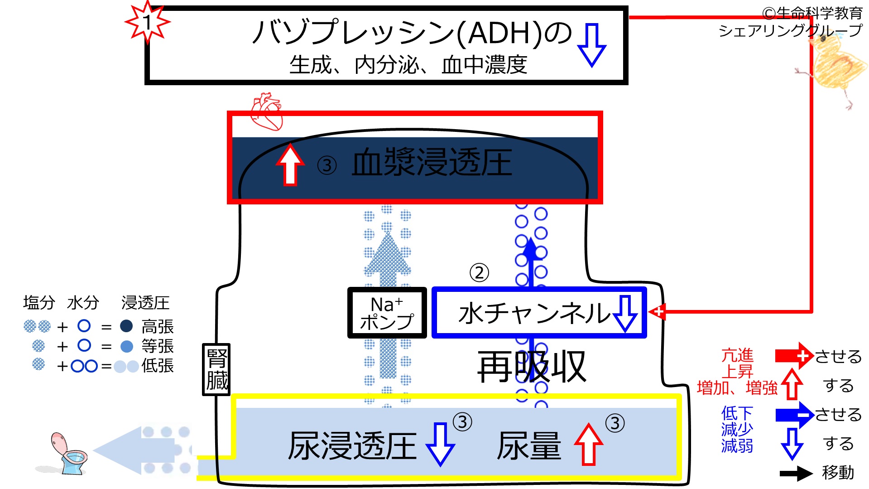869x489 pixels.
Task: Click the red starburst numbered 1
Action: click(148, 22)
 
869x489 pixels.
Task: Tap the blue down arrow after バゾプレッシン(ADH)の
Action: click(591, 45)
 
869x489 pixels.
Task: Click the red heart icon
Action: click(267, 111)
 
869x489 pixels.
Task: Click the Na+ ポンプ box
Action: click(387, 313)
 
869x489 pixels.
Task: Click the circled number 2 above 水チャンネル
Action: click(479, 273)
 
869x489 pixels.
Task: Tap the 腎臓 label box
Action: click(216, 369)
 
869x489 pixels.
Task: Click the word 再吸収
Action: click(532, 367)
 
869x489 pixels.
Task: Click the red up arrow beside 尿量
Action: click(588, 444)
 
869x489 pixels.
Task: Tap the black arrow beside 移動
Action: click(796, 474)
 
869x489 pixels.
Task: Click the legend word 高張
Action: click(158, 326)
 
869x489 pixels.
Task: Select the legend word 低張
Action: click(158, 365)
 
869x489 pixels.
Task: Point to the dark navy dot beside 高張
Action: click(126, 326)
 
